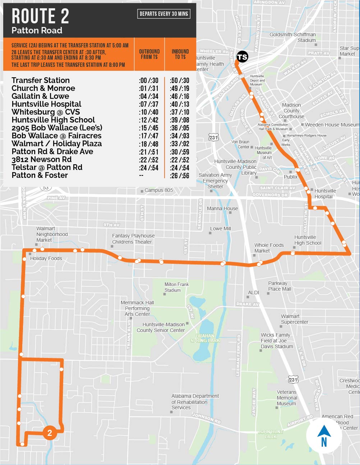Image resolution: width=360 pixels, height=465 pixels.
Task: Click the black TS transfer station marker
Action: [x=242, y=57]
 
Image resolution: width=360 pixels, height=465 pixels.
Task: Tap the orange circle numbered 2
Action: [x=50, y=433]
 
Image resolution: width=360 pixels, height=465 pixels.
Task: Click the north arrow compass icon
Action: [x=324, y=436]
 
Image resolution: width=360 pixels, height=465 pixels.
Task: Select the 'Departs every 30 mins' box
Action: [x=164, y=14]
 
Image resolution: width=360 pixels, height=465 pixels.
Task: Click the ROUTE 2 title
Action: [x=40, y=16]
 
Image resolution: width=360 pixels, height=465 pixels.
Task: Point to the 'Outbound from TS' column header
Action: [x=149, y=54]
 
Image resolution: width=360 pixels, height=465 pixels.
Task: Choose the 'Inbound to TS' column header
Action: [x=180, y=54]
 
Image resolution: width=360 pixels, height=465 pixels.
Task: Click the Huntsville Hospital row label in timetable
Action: [x=46, y=104]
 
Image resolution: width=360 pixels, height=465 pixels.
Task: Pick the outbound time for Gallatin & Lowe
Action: [x=148, y=96]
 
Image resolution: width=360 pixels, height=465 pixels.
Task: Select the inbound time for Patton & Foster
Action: [x=180, y=175]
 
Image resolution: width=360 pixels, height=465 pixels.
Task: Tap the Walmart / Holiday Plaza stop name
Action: [x=56, y=144]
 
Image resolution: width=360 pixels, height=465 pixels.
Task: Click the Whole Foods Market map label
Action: [x=269, y=248]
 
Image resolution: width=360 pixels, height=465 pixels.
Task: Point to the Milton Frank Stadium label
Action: [x=176, y=287]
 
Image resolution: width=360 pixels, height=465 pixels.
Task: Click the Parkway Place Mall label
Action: [x=279, y=286]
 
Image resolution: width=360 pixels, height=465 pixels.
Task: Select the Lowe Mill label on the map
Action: [x=220, y=229]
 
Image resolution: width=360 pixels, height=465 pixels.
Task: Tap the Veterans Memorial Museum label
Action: [x=287, y=398]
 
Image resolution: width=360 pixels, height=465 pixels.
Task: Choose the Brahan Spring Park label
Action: [x=205, y=338]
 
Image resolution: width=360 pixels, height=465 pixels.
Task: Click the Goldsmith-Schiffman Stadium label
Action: [x=292, y=37]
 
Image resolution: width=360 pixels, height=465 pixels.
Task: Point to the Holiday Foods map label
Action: [x=46, y=258]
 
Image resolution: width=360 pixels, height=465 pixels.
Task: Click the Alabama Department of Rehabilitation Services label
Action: [x=195, y=402]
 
